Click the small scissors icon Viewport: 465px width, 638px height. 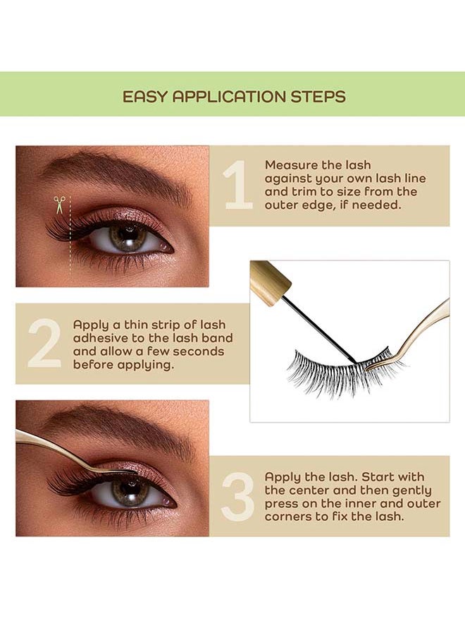(x=60, y=205)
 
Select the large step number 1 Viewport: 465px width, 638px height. (x=237, y=184)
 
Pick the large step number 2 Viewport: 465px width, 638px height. (x=44, y=342)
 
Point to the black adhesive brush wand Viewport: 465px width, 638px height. (x=320, y=330)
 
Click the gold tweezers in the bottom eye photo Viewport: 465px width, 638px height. (x=69, y=452)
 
